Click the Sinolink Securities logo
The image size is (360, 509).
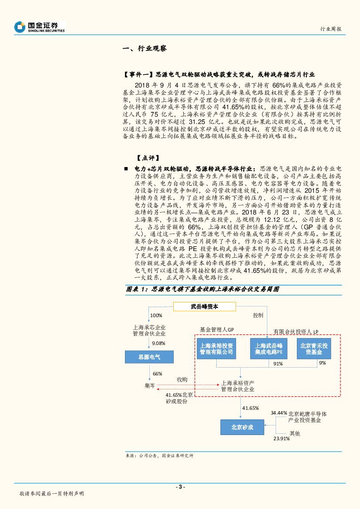(39, 27)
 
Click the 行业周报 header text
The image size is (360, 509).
(330, 29)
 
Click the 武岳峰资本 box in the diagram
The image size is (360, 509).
(205, 306)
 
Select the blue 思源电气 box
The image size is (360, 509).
(149, 357)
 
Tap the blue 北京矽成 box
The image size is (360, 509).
(242, 428)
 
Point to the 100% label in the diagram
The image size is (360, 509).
(155, 315)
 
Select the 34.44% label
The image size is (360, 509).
(279, 412)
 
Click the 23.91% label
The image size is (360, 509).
(282, 439)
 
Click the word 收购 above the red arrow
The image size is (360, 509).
(182, 379)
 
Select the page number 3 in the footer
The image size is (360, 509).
(180, 487)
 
